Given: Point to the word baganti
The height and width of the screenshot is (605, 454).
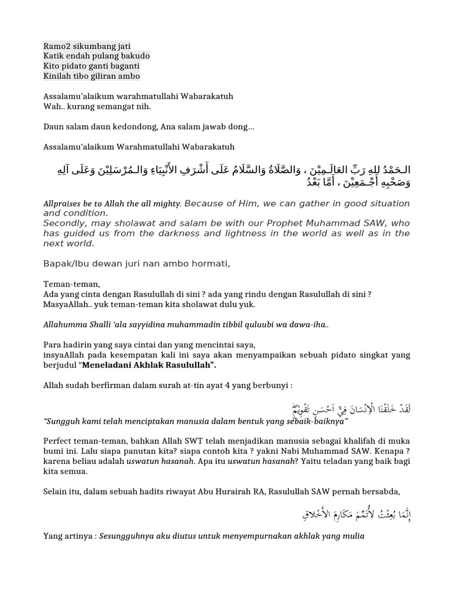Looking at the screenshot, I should tap(124, 66).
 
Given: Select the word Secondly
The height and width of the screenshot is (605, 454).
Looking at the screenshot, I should tap(63, 223).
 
